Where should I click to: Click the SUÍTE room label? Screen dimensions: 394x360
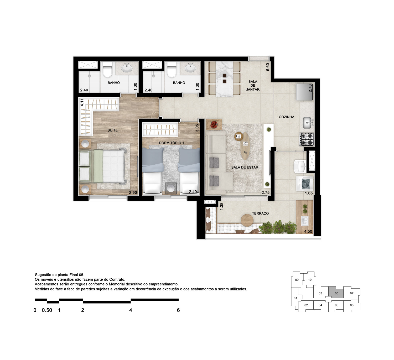click(x=112, y=130)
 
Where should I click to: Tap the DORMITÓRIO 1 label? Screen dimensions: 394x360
click(x=171, y=143)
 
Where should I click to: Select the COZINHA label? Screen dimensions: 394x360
click(x=286, y=117)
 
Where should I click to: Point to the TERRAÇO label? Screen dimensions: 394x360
click(x=260, y=213)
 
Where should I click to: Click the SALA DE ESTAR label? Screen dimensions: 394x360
click(x=245, y=167)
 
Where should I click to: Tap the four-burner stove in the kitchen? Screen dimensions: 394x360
click(x=307, y=139)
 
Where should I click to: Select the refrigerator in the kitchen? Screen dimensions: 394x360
click(x=304, y=92)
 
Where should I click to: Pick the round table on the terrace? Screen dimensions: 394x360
click(x=247, y=220)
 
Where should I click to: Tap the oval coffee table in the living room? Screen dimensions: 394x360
click(x=245, y=146)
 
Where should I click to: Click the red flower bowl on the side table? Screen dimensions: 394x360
click(x=214, y=124)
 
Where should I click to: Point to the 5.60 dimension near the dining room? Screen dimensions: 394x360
click(x=267, y=67)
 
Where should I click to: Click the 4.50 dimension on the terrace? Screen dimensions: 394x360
click(x=308, y=231)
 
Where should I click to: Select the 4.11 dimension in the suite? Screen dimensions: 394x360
click(x=82, y=102)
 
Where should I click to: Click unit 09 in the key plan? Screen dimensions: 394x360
click(x=297, y=280)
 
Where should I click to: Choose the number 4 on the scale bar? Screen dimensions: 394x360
click(x=131, y=310)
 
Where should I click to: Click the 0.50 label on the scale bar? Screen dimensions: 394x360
click(x=47, y=310)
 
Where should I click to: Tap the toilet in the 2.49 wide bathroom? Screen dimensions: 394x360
click(x=108, y=70)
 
